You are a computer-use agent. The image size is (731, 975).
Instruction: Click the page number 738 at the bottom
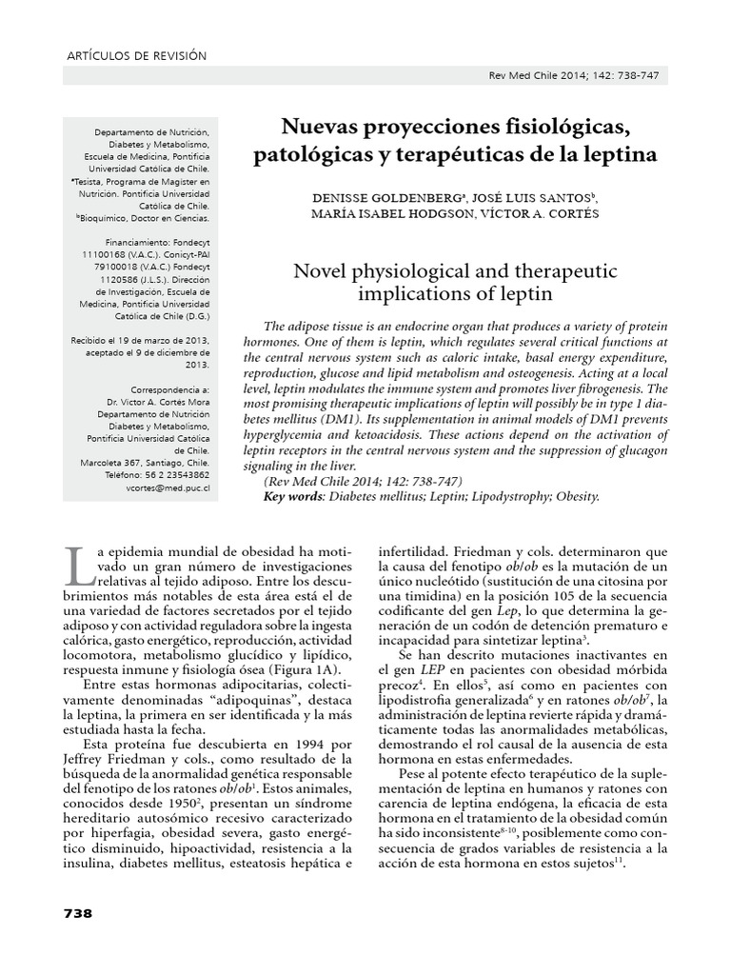click(77, 913)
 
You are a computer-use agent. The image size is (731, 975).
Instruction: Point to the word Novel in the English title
click(315, 272)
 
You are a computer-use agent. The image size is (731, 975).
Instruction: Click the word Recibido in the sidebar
click(94, 340)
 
